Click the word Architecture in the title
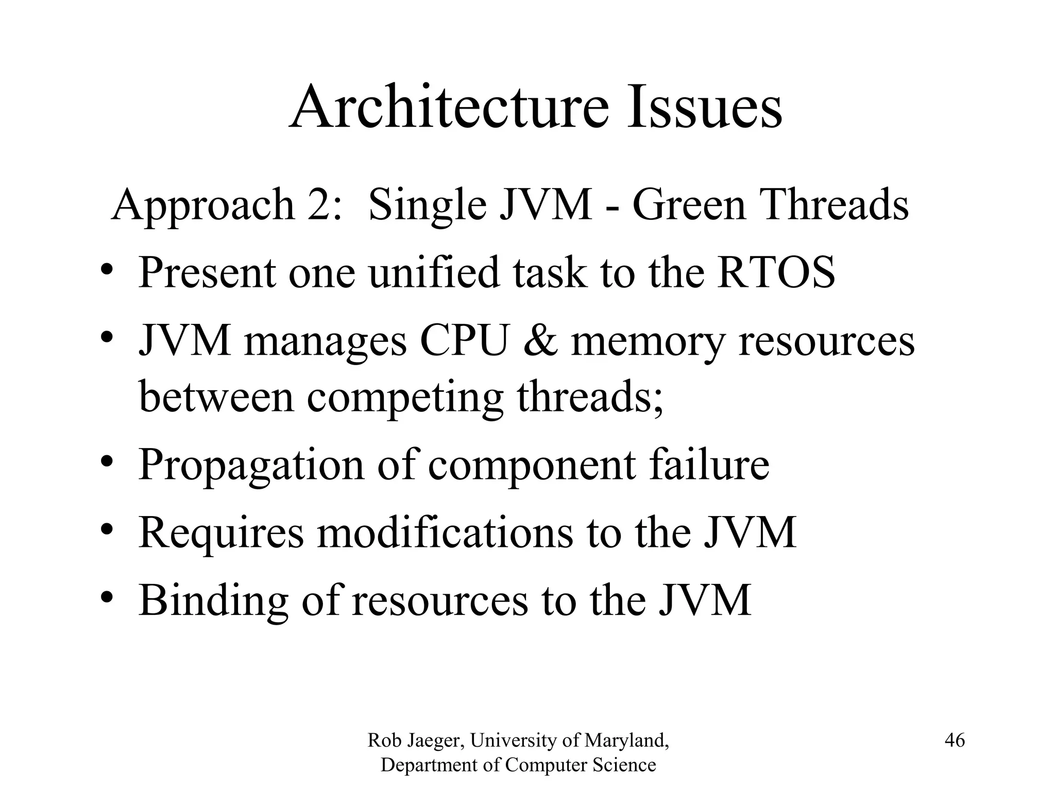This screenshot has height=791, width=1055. pos(449,107)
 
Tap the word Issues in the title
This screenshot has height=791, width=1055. pos(704,107)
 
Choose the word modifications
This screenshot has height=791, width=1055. pos(444,533)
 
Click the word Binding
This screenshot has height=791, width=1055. pos(213,601)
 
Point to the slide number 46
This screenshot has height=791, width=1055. pos(955,741)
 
